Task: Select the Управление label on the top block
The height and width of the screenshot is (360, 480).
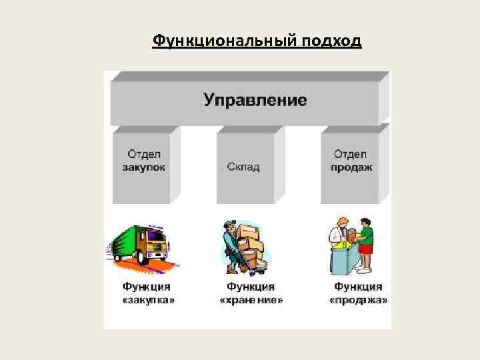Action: (x=255, y=101)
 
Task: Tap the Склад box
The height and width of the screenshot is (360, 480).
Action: (x=243, y=167)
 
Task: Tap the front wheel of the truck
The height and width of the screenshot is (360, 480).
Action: (x=143, y=256)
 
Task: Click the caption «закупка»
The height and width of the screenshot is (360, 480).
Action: (x=147, y=301)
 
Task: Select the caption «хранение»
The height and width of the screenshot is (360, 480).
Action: (x=251, y=301)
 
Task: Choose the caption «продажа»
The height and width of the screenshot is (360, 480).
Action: (x=358, y=301)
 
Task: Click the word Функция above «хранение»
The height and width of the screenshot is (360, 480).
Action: (x=251, y=287)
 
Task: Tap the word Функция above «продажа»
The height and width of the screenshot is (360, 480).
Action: (x=358, y=287)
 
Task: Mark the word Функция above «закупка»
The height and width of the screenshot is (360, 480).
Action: (x=147, y=287)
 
